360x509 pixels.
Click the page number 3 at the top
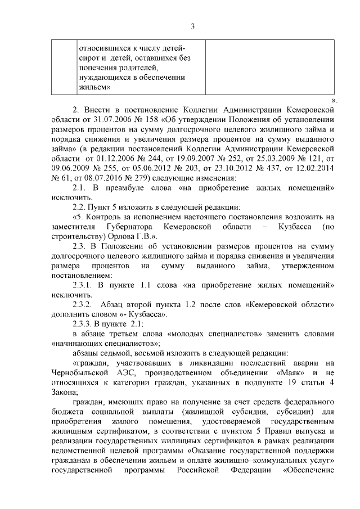tap(192, 26)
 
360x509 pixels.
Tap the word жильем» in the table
tap(94, 88)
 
